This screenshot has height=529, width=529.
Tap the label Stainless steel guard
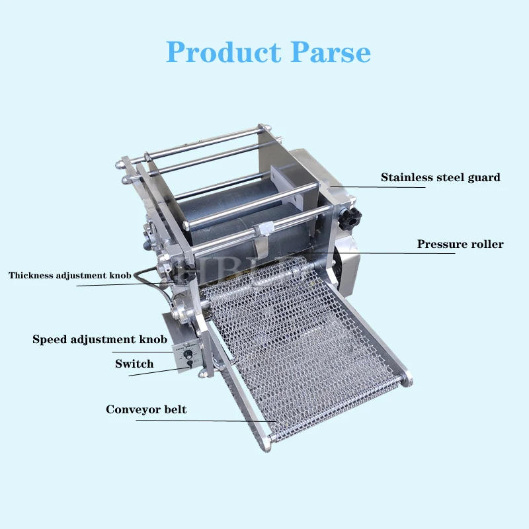coord(440,177)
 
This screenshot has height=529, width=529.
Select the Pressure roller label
coord(460,245)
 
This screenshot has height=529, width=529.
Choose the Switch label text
coord(134,364)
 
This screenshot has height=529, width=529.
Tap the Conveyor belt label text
coord(146,410)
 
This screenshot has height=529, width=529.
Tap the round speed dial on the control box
coord(187,355)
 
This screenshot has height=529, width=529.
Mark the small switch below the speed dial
coord(190,365)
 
